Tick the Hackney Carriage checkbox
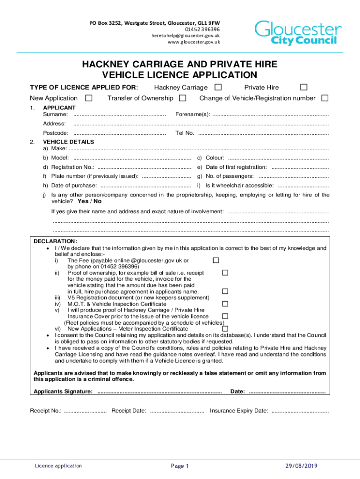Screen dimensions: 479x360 (218, 87)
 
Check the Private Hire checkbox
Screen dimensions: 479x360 (303, 87)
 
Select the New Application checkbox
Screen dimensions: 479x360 (88, 98)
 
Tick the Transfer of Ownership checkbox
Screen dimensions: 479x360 (183, 98)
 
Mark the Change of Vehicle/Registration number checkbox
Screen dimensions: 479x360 (325, 98)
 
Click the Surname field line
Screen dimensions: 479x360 (120, 115)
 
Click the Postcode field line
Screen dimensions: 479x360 (120, 134)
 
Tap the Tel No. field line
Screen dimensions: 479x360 (263, 134)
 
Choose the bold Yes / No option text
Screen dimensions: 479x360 (89, 201)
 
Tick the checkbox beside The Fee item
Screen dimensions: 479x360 (216, 260)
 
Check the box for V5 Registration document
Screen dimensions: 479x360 (225, 291)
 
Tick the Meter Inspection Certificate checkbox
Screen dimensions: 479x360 (225, 328)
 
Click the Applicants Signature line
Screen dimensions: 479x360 (159, 392)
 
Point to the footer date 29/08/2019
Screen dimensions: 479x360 (302, 466)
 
